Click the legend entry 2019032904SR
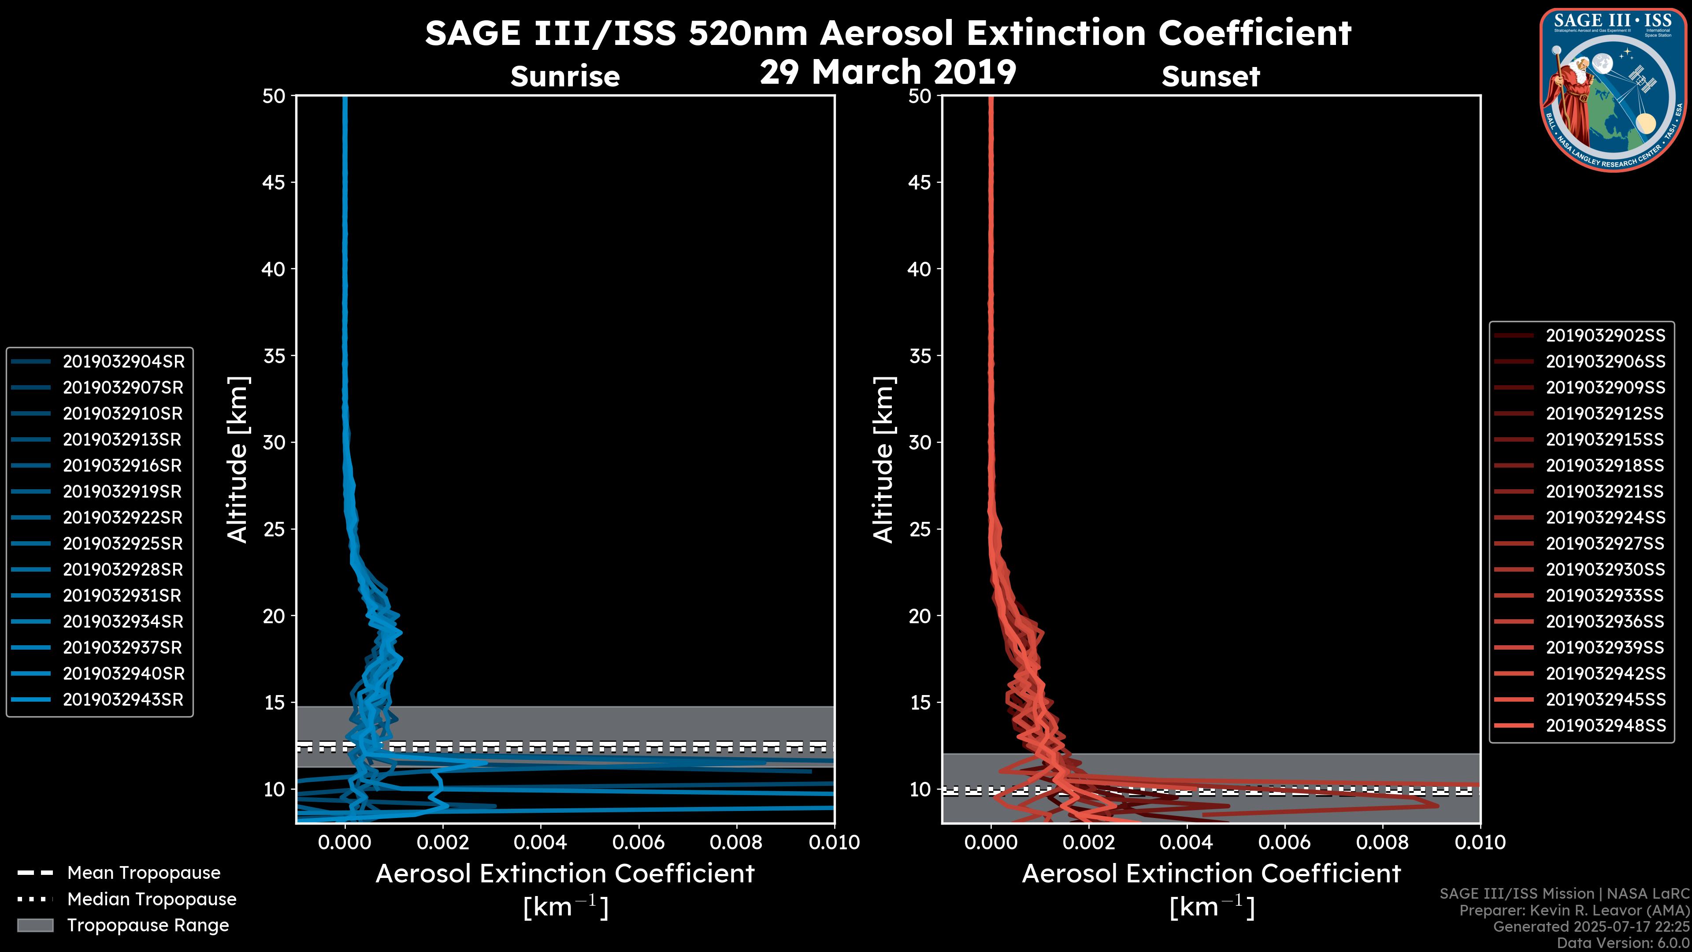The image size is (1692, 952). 123,361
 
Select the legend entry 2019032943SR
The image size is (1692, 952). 123,700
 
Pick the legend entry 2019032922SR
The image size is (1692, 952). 123,518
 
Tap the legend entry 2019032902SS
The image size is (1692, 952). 1605,336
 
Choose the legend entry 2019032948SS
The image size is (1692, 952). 1605,725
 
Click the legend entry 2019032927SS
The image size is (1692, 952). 1605,543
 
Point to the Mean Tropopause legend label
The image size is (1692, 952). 144,873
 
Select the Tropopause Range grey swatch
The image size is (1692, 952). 35,925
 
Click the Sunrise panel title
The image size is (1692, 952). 565,76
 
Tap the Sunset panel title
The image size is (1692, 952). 1210,76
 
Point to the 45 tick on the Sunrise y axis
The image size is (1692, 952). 274,182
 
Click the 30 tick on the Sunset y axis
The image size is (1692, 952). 920,442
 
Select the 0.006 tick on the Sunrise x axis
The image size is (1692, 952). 638,842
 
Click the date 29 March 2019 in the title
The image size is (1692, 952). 888,71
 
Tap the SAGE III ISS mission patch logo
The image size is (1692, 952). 1611,89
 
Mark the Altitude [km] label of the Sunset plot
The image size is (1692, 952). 883,459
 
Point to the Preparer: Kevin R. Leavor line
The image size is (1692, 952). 1574,910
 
